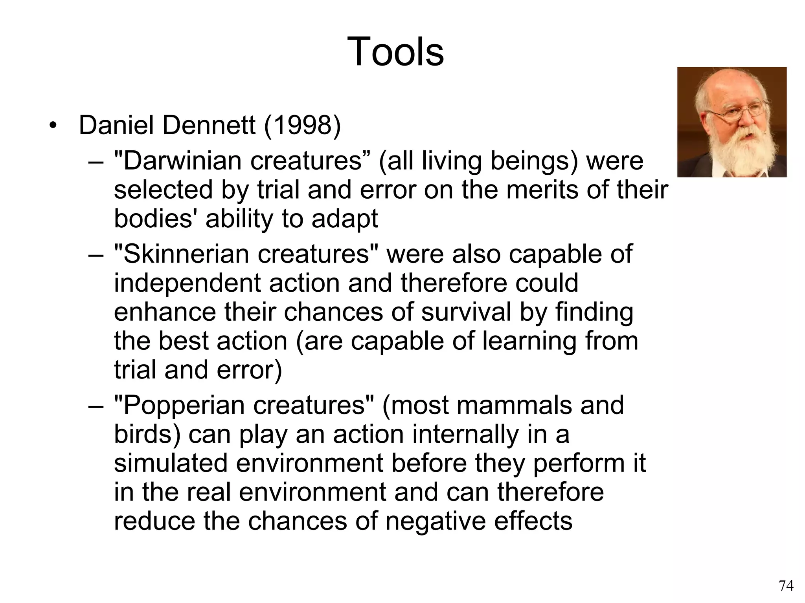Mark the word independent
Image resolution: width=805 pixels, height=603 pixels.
point(187,283)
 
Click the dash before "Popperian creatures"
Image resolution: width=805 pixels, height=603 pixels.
point(96,406)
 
